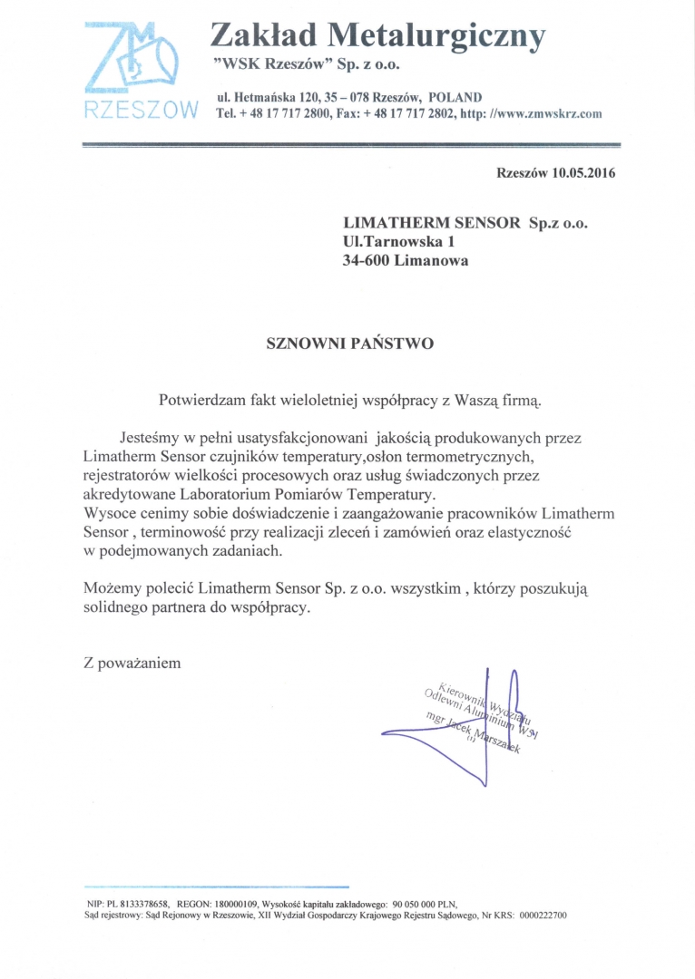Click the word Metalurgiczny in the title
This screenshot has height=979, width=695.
click(x=436, y=35)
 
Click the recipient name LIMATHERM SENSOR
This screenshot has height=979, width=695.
click(x=432, y=223)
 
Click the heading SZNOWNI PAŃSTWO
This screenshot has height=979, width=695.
click(x=349, y=344)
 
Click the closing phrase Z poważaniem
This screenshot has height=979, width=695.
click(x=132, y=663)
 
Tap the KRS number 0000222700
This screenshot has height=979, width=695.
click(x=543, y=916)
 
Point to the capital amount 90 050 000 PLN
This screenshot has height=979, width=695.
click(x=425, y=904)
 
